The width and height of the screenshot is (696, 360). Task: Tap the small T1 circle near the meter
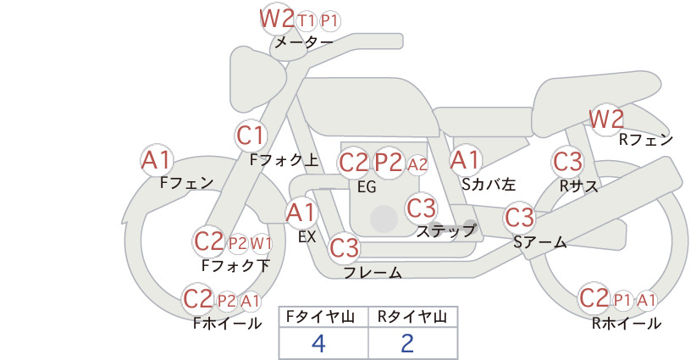click(x=307, y=20)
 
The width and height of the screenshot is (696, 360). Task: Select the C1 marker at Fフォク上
click(x=251, y=136)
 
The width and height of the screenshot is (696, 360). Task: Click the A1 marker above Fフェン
click(x=157, y=160)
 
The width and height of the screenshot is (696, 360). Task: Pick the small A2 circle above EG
click(x=417, y=164)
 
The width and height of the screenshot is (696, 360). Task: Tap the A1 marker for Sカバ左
click(x=465, y=160)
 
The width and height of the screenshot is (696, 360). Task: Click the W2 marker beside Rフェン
click(x=606, y=119)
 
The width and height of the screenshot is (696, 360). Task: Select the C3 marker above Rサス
click(x=567, y=162)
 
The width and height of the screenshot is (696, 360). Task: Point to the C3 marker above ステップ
click(x=422, y=208)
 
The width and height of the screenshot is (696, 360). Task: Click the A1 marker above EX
click(x=301, y=213)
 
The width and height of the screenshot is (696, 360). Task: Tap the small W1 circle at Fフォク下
click(x=261, y=243)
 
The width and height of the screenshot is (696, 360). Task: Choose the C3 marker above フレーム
click(x=345, y=247)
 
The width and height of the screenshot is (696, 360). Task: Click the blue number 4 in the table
click(x=318, y=343)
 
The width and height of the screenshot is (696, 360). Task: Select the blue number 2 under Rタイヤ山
click(x=407, y=343)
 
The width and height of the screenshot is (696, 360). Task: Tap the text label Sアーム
click(x=540, y=242)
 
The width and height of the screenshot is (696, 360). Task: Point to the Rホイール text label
click(x=627, y=324)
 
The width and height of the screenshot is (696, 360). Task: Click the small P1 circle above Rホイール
click(x=622, y=301)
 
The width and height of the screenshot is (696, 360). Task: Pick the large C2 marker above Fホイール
click(x=198, y=299)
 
